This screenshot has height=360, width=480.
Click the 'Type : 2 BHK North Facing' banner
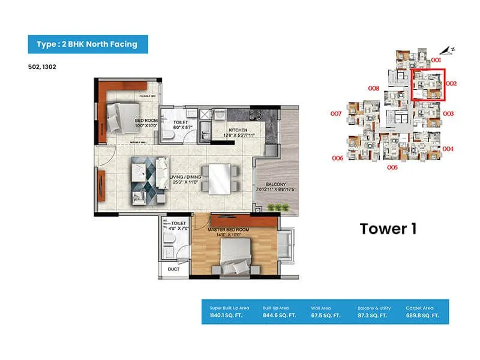click(88, 44)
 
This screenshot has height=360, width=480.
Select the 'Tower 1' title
click(388, 229)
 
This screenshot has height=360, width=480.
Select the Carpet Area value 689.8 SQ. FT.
click(422, 314)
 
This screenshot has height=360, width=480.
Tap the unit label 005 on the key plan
click(392, 167)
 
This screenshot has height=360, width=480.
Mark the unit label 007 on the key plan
click(335, 113)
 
